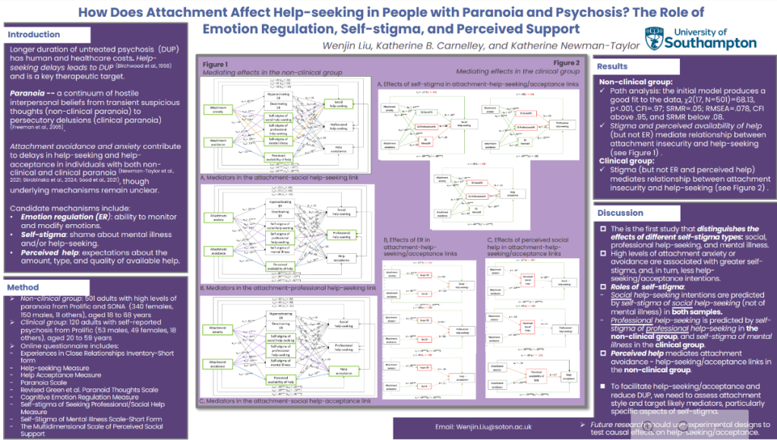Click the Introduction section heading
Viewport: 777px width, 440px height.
click(33, 34)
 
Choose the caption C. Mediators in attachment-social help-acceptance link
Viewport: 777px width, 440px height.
click(285, 400)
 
